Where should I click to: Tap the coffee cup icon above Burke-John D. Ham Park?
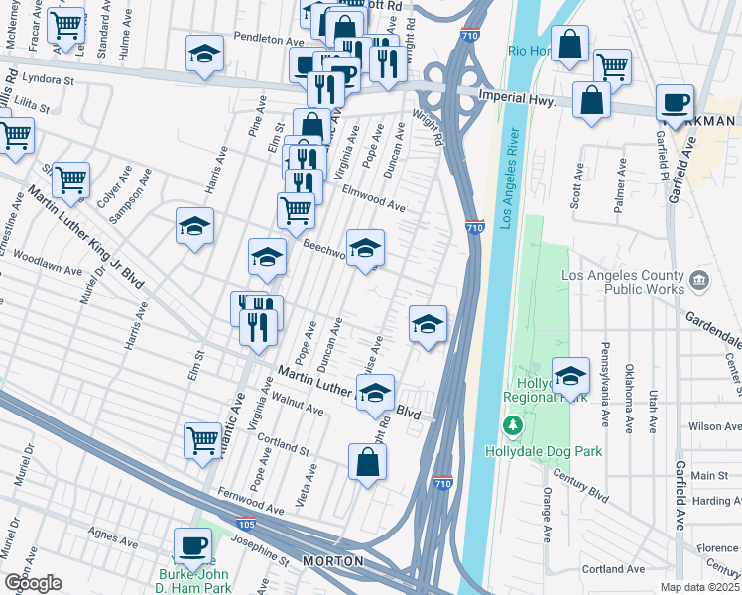[x=192, y=544]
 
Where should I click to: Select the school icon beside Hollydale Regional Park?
[x=570, y=375]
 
